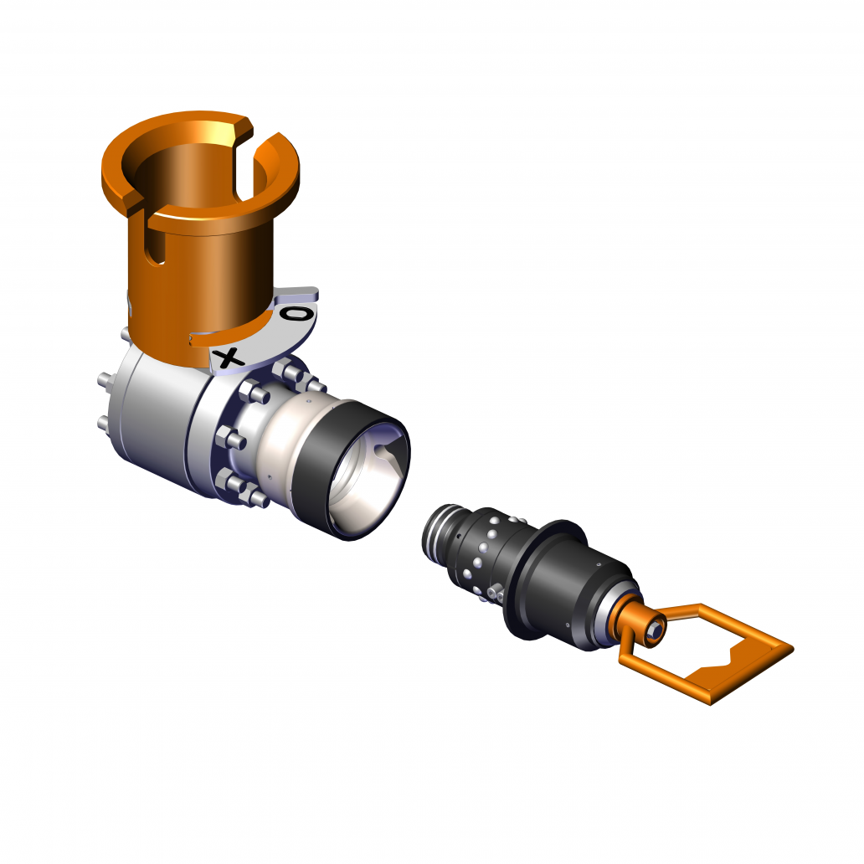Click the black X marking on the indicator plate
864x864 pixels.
tap(229, 357)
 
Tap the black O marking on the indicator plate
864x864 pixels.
tap(296, 315)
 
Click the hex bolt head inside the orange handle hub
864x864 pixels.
tap(655, 628)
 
